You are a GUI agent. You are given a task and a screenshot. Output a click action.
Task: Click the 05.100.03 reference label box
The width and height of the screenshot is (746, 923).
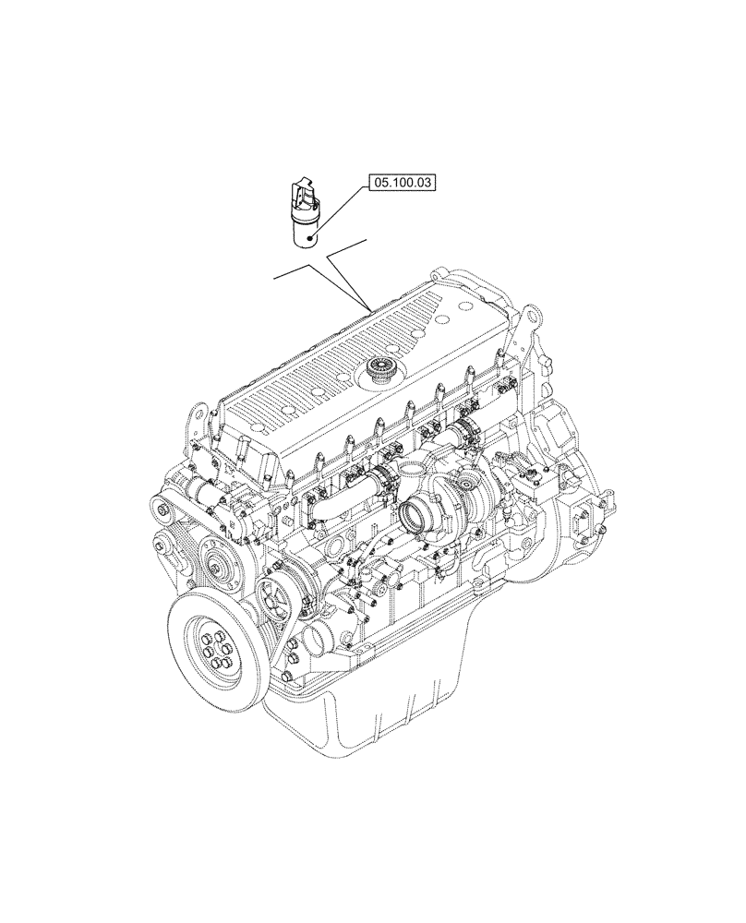point(403,185)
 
